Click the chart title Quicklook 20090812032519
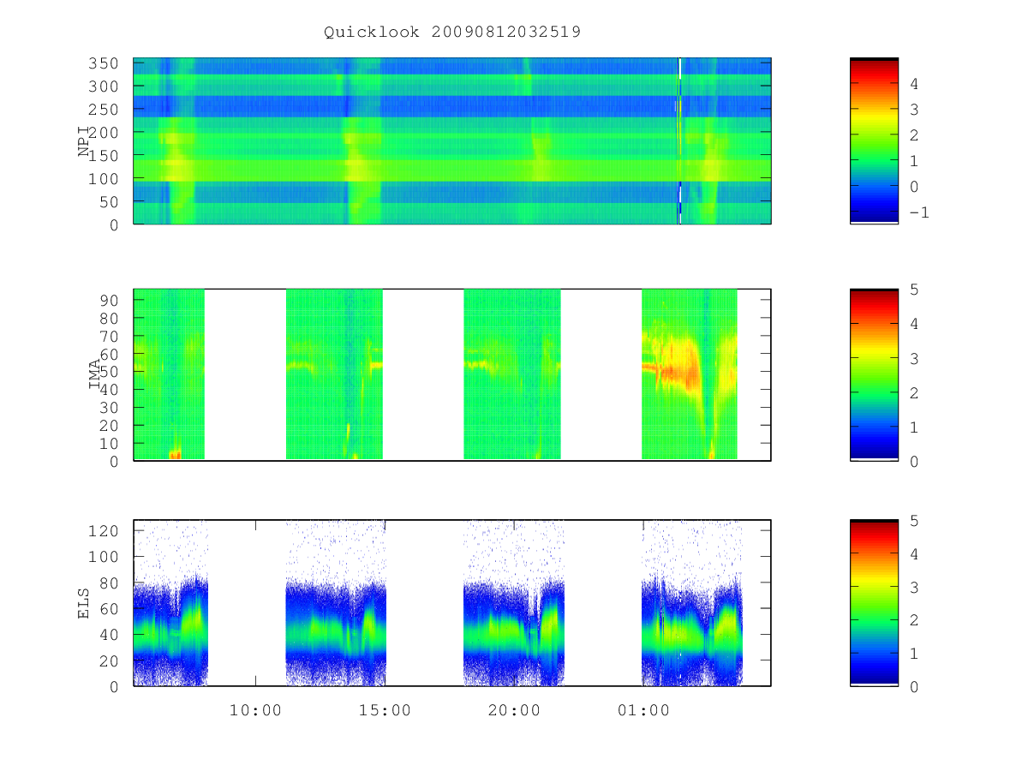click(x=452, y=32)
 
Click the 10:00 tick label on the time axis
click(x=255, y=710)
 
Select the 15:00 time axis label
click(x=385, y=710)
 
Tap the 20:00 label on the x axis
click(x=514, y=710)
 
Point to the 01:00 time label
click(x=643, y=710)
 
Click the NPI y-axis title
click(x=83, y=140)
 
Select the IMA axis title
click(x=94, y=374)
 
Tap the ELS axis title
click(x=83, y=603)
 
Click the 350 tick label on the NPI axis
click(x=103, y=63)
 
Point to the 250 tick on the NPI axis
click(x=103, y=110)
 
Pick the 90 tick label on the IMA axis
click(x=109, y=301)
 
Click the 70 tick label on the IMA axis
click(x=109, y=336)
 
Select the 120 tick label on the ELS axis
click(x=103, y=531)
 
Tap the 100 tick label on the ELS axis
click(x=103, y=557)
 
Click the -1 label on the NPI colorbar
click(x=919, y=212)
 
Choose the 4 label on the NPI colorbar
click(x=914, y=84)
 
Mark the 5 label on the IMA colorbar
click(x=914, y=290)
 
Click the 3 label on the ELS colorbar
click(x=914, y=588)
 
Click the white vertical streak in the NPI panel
click(x=679, y=140)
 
